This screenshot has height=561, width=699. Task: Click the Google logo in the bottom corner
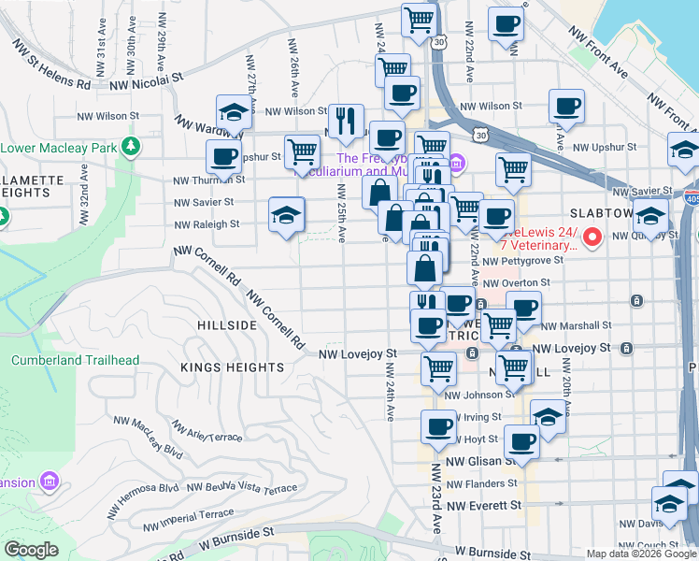[x=31, y=550]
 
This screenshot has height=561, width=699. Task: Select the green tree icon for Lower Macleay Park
[x=132, y=147]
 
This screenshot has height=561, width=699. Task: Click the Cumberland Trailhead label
[x=75, y=361]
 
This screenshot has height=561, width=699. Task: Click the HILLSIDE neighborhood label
[x=227, y=324]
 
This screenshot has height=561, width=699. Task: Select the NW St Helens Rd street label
[x=51, y=65]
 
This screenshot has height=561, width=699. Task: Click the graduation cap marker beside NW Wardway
[x=235, y=113]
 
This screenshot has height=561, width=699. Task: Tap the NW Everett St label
[x=483, y=506]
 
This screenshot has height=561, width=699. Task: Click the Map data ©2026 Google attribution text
[x=640, y=553]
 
